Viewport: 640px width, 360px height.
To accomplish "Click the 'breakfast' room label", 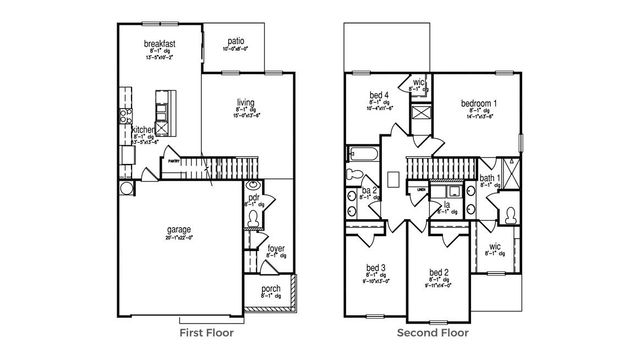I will point(160,43).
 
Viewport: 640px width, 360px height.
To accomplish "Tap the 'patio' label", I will point(235,40).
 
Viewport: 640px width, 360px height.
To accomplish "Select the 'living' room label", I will point(245,102).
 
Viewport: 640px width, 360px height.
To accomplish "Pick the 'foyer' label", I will point(275,247).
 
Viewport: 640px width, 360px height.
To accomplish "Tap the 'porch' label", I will point(272,289).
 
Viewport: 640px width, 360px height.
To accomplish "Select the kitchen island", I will point(158,113).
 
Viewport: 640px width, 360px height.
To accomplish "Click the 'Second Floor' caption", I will point(433,333).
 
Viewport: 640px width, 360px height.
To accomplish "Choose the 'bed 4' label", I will point(378,94).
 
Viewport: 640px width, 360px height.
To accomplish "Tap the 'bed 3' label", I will point(376,268).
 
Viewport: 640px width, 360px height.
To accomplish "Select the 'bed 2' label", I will point(437,273).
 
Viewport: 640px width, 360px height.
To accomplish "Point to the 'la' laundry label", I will point(446,205).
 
